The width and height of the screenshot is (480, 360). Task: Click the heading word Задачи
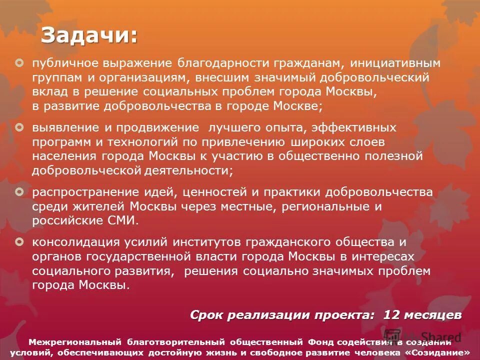click(89, 35)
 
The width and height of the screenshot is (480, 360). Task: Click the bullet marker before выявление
click(19, 128)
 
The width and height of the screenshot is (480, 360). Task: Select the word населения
click(64, 156)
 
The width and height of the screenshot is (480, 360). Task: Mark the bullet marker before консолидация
click(19, 242)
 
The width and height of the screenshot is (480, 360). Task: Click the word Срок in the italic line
click(207, 315)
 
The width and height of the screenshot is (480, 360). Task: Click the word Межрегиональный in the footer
click(75, 342)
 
